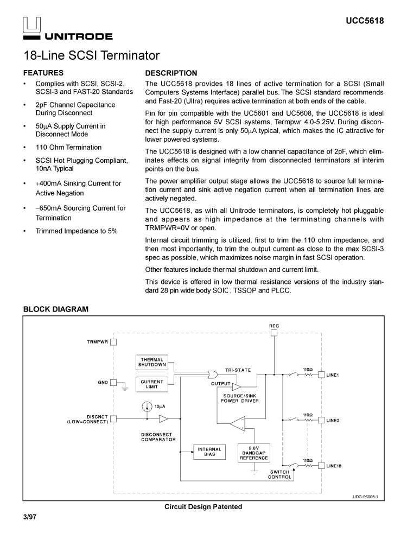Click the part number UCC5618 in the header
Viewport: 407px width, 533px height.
click(365, 21)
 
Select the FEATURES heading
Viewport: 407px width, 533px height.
click(43, 73)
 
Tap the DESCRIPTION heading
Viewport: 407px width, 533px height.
click(171, 73)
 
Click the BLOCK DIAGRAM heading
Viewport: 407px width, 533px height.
click(55, 309)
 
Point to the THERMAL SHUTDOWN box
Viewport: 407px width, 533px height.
click(152, 362)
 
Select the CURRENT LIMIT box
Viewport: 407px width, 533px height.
click(152, 384)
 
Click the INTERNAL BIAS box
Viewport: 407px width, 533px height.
click(209, 452)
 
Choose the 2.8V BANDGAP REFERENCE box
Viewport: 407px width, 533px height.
click(253, 453)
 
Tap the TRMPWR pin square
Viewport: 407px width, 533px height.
click(113, 342)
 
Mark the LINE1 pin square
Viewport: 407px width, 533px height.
click(321, 375)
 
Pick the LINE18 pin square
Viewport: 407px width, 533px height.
click(321, 465)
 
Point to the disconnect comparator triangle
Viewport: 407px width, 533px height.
click(163, 418)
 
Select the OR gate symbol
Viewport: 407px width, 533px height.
click(212, 374)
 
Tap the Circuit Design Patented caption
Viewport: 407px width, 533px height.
click(203, 507)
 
